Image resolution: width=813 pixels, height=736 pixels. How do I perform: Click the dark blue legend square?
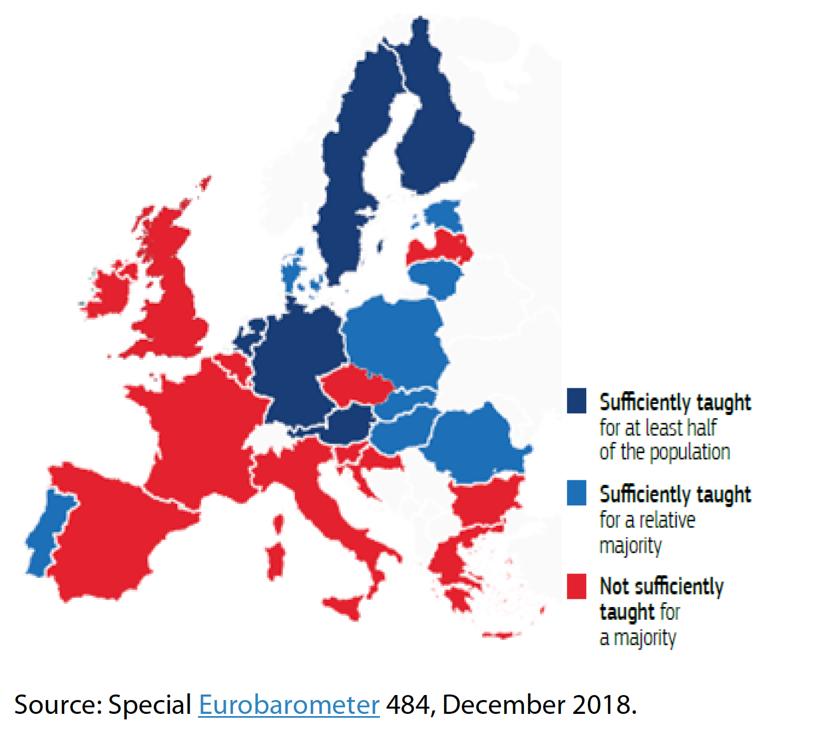coord(576,401)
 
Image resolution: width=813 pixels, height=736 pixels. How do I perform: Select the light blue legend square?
coord(576,493)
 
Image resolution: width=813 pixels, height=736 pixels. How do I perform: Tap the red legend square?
coord(576,586)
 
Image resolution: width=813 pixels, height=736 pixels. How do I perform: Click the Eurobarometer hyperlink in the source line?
coord(289,705)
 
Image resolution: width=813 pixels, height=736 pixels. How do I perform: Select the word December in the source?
coord(504,705)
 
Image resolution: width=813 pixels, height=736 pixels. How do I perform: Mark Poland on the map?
coord(395,340)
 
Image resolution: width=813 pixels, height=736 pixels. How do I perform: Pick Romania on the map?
coord(476,443)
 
